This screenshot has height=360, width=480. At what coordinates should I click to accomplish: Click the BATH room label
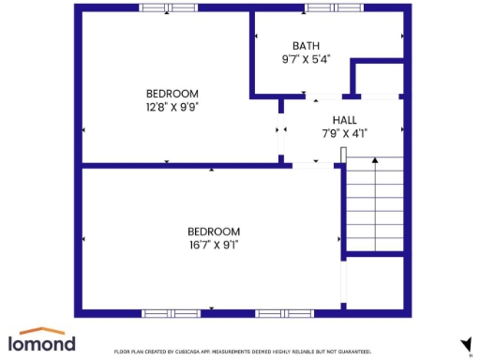[306, 46]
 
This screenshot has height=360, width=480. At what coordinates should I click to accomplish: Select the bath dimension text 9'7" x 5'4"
[306, 59]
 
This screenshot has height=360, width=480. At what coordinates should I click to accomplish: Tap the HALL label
[344, 120]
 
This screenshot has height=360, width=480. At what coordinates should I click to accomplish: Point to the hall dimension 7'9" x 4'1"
[344, 133]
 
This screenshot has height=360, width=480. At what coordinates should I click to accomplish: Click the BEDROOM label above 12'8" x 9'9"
[172, 93]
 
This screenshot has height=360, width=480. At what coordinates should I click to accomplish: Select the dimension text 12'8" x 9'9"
[172, 106]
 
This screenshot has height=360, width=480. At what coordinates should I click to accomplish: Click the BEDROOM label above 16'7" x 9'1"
[214, 232]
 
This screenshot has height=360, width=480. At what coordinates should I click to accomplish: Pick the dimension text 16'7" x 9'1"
[214, 245]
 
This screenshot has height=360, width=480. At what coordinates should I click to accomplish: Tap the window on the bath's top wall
[333, 8]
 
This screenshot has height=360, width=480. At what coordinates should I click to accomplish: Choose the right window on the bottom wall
[283, 312]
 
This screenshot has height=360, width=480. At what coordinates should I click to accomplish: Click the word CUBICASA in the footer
[196, 351]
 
